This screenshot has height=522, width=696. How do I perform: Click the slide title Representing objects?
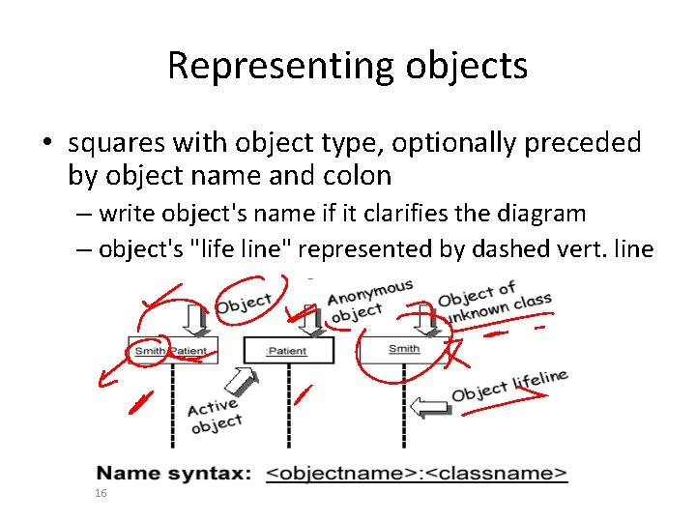(347, 66)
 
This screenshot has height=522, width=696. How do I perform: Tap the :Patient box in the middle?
(287, 351)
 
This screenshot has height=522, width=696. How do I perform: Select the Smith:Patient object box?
(173, 350)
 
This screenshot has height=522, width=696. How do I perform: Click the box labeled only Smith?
(403, 349)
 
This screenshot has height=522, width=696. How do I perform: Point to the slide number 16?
(101, 494)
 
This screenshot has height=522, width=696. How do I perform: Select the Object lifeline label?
(509, 385)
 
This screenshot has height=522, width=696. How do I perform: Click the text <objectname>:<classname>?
(416, 474)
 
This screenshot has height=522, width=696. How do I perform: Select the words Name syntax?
(174, 474)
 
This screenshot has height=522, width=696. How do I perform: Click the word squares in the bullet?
(117, 143)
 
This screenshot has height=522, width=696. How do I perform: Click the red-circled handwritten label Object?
(244, 303)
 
